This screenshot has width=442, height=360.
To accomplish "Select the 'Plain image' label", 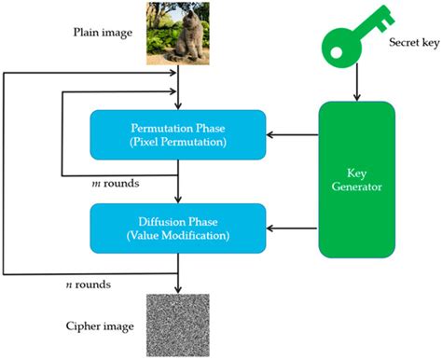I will click(105, 33).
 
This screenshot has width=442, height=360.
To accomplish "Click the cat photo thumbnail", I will click(177, 34).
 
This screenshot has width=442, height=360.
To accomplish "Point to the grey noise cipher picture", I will click(177, 323).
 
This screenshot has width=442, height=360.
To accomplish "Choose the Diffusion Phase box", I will click(177, 227).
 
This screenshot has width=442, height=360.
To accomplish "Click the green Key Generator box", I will click(354, 183).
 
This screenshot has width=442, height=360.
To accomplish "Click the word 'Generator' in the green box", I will click(354, 190).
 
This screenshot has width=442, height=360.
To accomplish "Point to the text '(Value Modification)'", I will click(177, 234).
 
